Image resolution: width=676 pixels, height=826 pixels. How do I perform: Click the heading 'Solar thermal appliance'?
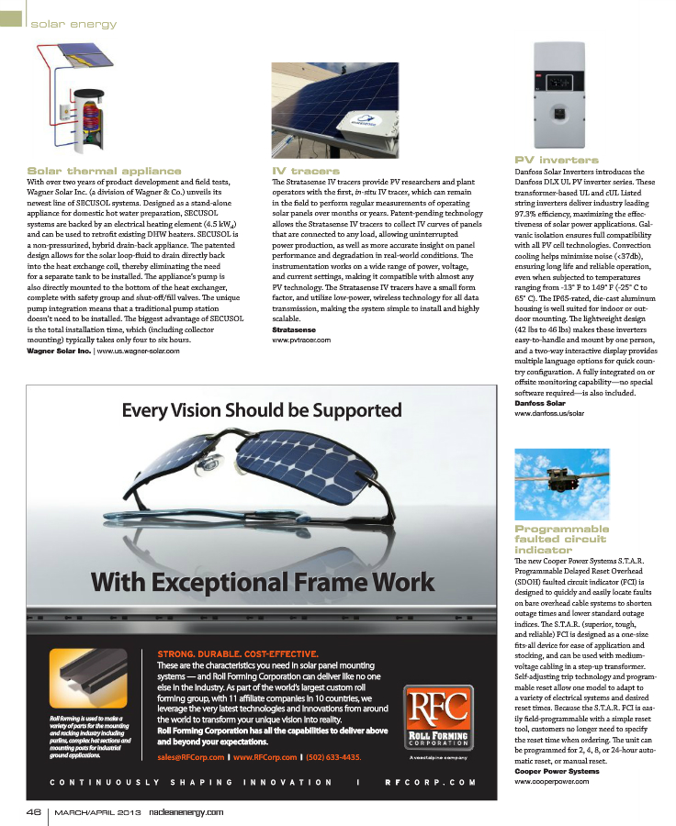[x=104, y=171]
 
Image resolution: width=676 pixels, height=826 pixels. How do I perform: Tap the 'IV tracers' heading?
[x=306, y=171]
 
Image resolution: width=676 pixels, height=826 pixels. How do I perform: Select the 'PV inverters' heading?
[x=557, y=160]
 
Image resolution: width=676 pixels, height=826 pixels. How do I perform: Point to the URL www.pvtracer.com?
[x=301, y=340]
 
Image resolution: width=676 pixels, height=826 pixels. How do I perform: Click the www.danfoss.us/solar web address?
[x=549, y=414]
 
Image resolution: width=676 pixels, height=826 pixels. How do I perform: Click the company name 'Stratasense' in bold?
[x=295, y=329]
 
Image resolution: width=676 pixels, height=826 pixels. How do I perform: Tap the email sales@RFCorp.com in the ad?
[x=191, y=757]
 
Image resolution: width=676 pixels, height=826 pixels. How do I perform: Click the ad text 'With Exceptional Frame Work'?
[x=262, y=581]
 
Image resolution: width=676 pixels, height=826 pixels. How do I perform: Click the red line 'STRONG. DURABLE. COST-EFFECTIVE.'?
[x=238, y=653]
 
